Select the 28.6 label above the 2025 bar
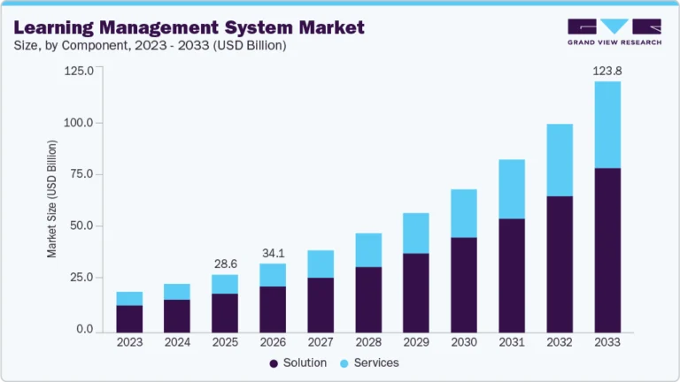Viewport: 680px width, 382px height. click(225, 264)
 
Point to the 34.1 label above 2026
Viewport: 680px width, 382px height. click(273, 253)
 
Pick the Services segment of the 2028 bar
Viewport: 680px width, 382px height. click(368, 250)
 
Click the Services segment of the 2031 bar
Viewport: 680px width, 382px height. click(512, 189)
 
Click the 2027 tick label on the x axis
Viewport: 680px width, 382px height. click(321, 342)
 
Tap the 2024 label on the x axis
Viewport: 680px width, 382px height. click(177, 342)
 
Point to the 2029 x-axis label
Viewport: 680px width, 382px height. click(416, 342)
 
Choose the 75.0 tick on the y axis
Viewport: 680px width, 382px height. click(79, 174)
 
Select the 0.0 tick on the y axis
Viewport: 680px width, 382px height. click(84, 330)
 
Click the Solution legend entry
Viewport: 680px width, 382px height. click(298, 363)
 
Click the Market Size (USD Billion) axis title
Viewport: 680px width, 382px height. click(52, 200)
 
